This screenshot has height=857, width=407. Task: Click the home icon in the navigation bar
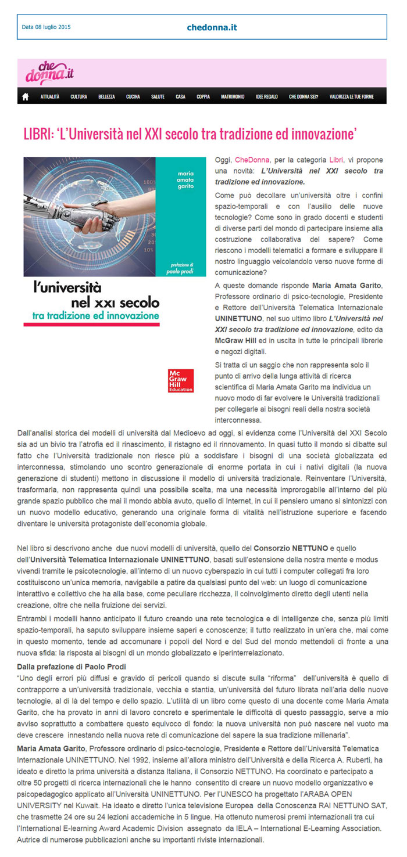[25, 96]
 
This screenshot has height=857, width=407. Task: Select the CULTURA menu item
[78, 96]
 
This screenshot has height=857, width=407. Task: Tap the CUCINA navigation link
[133, 96]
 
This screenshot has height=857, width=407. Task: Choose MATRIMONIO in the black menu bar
[233, 96]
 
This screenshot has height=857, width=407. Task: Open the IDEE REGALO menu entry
[266, 96]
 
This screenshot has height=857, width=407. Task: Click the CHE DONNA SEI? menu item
[303, 96]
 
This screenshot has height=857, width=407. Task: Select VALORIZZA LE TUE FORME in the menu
[351, 96]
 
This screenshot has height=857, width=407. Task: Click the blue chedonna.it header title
[212, 27]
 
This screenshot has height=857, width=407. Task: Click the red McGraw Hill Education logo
[180, 380]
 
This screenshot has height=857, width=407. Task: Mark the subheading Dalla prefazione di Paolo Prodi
[72, 666]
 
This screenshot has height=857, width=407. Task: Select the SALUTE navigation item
[158, 96]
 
